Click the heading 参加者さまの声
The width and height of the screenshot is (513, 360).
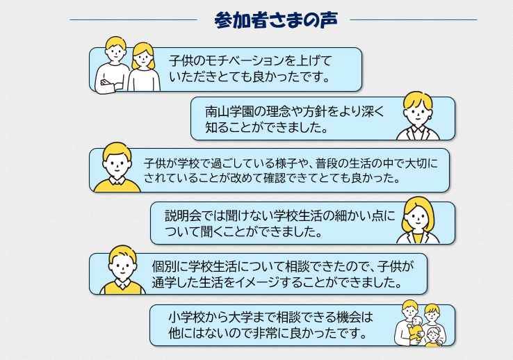click(276, 20)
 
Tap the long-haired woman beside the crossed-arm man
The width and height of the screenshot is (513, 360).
click(143, 67)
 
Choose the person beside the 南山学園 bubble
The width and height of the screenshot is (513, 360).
click(418, 116)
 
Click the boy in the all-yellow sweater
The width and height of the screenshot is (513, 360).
click(117, 167)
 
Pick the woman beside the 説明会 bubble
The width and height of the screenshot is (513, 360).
click(418, 220)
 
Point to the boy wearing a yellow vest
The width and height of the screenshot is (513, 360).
click(122, 270)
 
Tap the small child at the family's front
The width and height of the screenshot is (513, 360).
click(434, 338)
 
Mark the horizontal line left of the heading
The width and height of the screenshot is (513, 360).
click(133, 20)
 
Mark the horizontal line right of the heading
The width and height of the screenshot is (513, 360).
click(414, 20)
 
